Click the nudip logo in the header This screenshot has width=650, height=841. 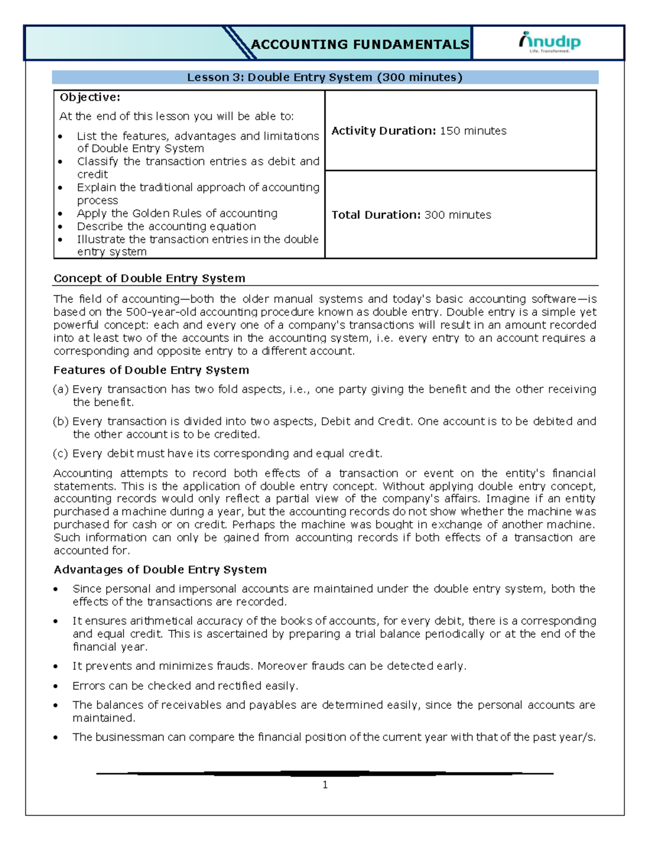[x=549, y=42]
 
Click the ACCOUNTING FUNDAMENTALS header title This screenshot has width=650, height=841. [x=360, y=44]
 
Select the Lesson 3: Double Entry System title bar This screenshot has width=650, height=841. [x=324, y=77]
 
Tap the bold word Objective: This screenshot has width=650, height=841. [x=90, y=97]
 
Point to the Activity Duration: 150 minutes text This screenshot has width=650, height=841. [x=419, y=131]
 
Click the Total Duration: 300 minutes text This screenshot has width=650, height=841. [x=411, y=215]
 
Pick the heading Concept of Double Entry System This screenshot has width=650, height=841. [x=149, y=278]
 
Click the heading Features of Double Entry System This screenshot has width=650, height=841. [x=151, y=370]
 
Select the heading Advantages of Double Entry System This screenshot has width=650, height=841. [x=160, y=570]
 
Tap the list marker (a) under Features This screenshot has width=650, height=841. [x=61, y=389]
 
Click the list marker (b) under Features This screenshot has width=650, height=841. [x=61, y=421]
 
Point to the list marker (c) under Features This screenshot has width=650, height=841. [x=61, y=454]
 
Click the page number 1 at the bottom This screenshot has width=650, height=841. [x=325, y=785]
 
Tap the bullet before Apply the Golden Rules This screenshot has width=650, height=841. [x=60, y=214]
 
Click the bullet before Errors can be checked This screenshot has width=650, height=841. [x=56, y=686]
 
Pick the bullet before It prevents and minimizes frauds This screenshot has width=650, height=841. [x=56, y=667]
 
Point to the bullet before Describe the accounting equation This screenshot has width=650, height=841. [x=60, y=227]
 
